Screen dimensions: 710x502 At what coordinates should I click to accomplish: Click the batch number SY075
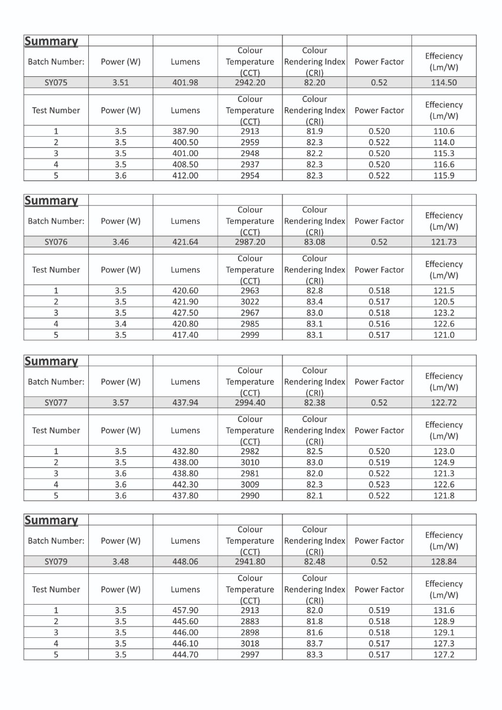(56, 83)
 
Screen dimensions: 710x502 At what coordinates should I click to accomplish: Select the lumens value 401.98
(185, 83)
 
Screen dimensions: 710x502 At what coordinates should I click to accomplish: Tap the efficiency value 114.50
(443, 83)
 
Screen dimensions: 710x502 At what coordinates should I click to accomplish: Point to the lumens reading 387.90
(185, 131)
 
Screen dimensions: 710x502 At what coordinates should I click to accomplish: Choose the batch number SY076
(56, 242)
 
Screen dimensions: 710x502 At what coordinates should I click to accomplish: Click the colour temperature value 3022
(250, 302)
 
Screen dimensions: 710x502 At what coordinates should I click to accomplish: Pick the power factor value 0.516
(379, 324)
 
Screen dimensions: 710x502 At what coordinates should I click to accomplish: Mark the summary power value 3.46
(121, 242)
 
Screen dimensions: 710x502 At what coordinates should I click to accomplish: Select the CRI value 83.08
(314, 242)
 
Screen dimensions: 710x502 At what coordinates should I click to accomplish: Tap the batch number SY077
(56, 403)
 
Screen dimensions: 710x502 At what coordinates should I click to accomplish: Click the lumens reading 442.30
(185, 485)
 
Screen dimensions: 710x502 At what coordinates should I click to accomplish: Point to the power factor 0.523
(379, 485)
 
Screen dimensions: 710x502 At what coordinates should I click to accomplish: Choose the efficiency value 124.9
(443, 462)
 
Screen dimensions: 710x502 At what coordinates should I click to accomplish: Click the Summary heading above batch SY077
(51, 361)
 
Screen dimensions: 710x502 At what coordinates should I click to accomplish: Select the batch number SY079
(56, 562)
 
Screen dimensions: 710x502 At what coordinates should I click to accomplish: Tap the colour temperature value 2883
(250, 621)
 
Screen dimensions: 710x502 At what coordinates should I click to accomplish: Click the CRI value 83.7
(314, 643)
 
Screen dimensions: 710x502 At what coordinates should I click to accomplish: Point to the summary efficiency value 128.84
(443, 562)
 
